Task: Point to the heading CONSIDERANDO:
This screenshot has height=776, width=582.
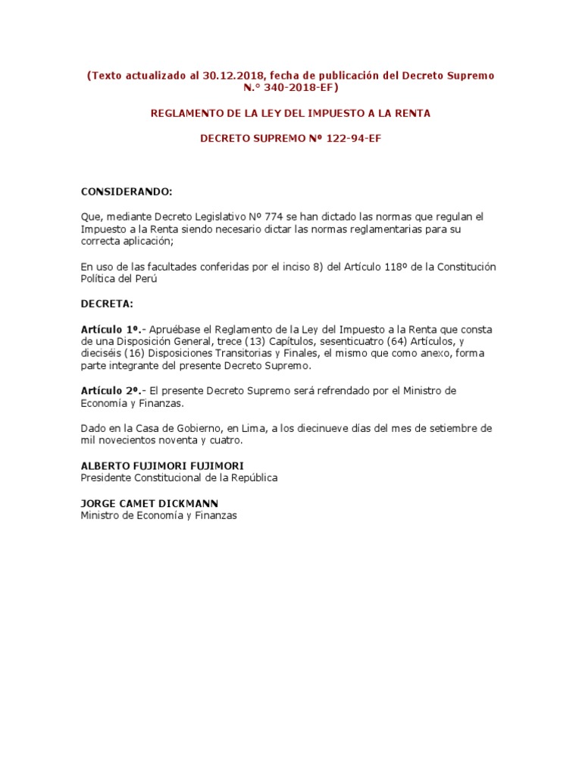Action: [x=127, y=191]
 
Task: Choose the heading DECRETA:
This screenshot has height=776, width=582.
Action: [x=107, y=303]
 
